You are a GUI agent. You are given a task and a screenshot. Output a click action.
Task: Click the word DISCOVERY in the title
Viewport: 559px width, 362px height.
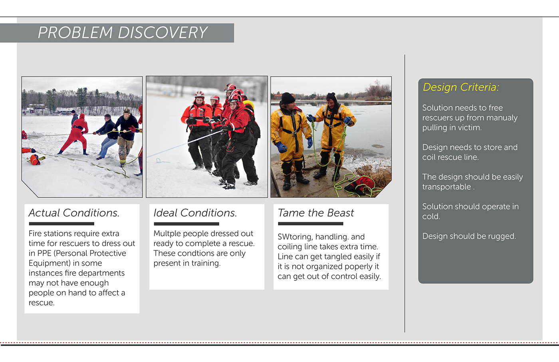tap(163, 32)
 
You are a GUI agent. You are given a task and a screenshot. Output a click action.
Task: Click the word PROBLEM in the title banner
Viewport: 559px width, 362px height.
tap(75, 32)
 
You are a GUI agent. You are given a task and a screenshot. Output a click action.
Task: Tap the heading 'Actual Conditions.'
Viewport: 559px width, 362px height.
tap(74, 213)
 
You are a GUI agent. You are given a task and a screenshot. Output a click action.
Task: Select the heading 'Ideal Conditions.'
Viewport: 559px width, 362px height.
tap(195, 213)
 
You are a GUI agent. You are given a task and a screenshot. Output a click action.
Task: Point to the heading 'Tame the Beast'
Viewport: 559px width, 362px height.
tap(316, 213)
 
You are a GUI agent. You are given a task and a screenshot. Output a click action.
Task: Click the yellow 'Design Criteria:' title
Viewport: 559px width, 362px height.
tap(461, 87)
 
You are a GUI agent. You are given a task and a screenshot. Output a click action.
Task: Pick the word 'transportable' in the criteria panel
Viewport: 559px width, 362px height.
tap(446, 187)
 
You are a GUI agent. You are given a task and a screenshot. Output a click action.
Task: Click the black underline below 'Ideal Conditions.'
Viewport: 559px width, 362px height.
tap(186, 224)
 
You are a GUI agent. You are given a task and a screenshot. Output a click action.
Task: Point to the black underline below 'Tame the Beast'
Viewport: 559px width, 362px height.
tap(311, 224)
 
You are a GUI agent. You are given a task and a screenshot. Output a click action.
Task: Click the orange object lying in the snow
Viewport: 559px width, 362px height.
tap(35, 160)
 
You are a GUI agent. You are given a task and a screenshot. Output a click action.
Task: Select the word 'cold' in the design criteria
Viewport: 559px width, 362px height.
tap(431, 217)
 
